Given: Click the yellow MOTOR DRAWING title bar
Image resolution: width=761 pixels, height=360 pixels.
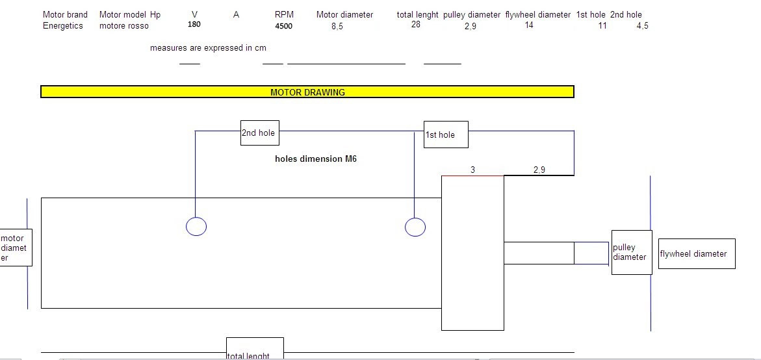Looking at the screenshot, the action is click(307, 92).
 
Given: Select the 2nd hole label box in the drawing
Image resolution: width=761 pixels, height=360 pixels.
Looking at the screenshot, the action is click(260, 133).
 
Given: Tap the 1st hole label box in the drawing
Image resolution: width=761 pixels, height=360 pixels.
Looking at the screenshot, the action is click(446, 135).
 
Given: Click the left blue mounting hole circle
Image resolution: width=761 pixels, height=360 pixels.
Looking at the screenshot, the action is click(196, 227).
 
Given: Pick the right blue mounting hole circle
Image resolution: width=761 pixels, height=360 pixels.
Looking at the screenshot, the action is click(415, 227).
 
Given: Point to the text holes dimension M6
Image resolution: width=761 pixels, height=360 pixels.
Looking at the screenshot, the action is click(316, 159).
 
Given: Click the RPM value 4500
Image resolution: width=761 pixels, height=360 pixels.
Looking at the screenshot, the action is click(284, 26).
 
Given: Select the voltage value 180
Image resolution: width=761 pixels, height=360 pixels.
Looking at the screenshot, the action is click(194, 24).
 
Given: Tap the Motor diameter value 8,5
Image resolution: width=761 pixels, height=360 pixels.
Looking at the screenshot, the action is click(337, 27).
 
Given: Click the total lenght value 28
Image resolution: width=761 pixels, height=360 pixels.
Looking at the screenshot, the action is click(415, 24).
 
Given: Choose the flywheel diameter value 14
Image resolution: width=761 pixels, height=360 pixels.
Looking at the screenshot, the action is click(529, 25).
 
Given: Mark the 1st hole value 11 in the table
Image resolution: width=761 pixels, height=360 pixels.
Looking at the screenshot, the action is click(602, 26).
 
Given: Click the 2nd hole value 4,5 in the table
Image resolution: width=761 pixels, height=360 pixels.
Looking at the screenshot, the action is click(642, 26).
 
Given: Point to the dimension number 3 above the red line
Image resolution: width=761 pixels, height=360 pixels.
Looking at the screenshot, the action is click(472, 170).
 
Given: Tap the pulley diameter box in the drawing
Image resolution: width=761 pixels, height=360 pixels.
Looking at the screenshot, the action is click(632, 252).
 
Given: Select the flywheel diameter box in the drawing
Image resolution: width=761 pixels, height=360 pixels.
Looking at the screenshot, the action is click(697, 253).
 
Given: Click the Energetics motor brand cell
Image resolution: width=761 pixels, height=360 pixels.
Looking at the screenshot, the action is click(63, 26).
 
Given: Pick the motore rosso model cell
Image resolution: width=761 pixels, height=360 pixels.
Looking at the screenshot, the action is click(123, 26).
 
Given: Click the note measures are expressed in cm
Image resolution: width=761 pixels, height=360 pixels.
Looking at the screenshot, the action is click(208, 48).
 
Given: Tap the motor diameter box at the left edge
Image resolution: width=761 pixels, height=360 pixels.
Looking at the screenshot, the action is click(16, 248).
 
